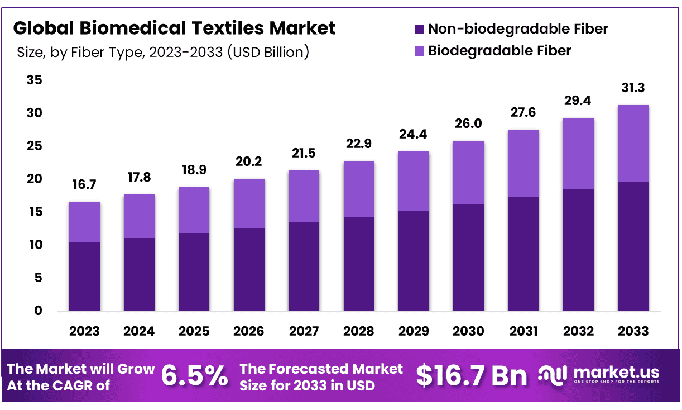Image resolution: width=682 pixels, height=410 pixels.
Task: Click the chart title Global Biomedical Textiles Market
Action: tap(174, 27)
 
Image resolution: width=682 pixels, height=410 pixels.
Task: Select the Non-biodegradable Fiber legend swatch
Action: tap(419, 29)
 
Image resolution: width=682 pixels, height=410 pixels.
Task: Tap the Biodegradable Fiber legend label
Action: tap(500, 51)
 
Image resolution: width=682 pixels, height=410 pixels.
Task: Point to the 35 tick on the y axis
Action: tap(35, 80)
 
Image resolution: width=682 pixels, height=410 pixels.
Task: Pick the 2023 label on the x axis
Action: tap(84, 331)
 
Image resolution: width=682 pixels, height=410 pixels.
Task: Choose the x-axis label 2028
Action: tap(359, 331)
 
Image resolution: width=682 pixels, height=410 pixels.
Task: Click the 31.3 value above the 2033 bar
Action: tap(633, 88)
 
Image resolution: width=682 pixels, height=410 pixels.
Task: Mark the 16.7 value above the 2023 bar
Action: tap(84, 185)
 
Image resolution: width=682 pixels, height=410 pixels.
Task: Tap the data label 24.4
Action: tap(414, 135)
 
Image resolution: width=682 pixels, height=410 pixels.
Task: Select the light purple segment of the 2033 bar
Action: tap(633, 143)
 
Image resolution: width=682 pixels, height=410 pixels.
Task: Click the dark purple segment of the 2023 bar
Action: tap(84, 276)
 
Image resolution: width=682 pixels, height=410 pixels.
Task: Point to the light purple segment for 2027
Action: tap(304, 196)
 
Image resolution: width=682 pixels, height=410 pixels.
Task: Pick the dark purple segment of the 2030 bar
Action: tap(468, 258)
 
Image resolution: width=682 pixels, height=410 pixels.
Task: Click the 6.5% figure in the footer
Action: tap(194, 376)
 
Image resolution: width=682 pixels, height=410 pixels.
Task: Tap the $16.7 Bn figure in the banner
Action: tap(471, 376)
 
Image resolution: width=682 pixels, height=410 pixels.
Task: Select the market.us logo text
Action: tap(616, 373)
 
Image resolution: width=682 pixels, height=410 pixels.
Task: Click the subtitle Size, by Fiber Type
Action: tap(162, 53)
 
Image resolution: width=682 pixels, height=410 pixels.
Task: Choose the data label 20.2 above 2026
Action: tap(249, 162)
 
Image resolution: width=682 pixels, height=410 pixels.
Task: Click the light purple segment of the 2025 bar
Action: tap(194, 210)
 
